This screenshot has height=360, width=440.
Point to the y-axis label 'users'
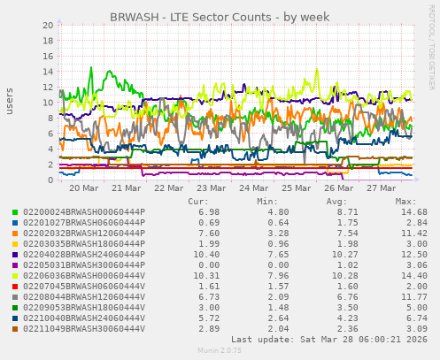[x=11, y=102]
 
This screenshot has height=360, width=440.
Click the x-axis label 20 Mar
[x=83, y=188]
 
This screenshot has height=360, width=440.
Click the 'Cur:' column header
[x=198, y=201]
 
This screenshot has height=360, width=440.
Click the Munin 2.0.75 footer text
[x=219, y=351]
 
